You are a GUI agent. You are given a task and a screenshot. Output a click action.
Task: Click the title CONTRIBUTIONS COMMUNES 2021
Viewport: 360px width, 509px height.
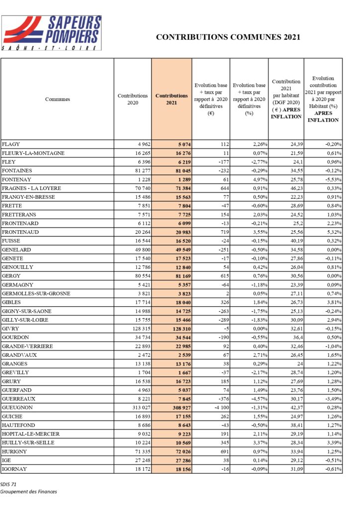pyautogui.click(x=228, y=37)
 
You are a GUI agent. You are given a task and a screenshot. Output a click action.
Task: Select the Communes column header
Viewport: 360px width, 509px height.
pyautogui.click(x=58, y=99)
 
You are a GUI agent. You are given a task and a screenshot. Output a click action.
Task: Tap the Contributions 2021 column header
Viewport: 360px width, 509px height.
pyautogui.click(x=172, y=99)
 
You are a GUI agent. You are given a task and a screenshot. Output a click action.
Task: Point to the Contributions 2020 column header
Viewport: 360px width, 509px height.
pyautogui.click(x=133, y=99)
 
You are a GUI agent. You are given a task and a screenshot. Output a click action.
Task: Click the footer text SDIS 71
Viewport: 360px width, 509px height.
pyautogui.click(x=9, y=484)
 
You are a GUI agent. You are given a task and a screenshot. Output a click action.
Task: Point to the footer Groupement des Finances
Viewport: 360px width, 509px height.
pyautogui.click(x=29, y=492)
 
